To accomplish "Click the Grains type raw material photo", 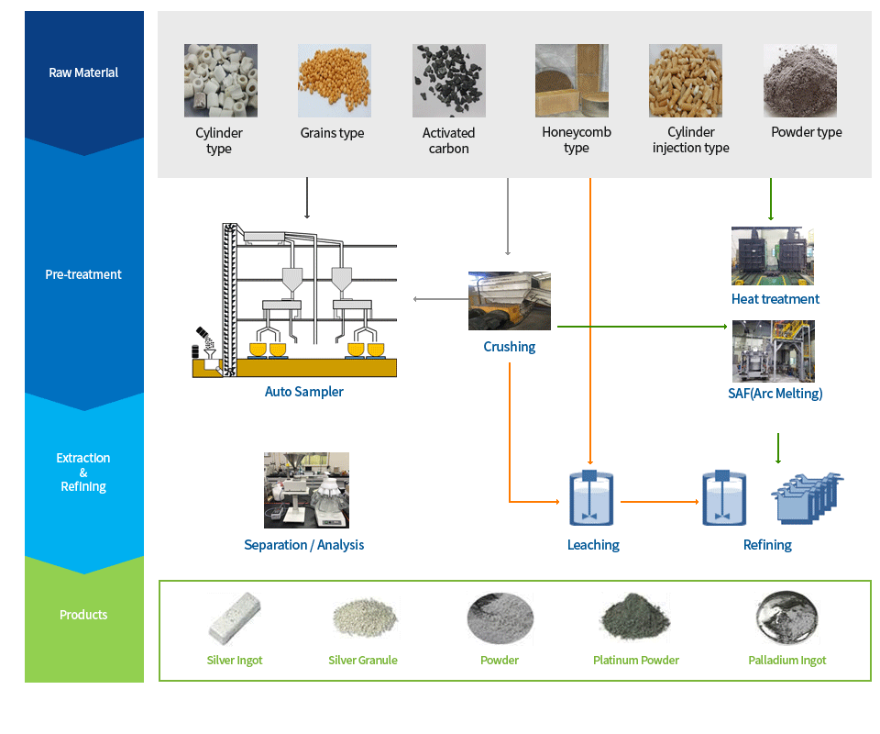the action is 335,81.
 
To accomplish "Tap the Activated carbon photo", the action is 449,81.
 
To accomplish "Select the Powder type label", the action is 807,132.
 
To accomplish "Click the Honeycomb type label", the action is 577,139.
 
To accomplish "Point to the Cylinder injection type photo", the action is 686,81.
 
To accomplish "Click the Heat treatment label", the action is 775,299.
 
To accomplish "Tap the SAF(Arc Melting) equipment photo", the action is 774,351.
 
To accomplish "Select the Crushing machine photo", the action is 510,301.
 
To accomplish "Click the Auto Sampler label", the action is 303,392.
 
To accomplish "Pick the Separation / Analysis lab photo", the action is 306,490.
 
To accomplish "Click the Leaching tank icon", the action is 591,498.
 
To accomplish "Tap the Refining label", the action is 767,545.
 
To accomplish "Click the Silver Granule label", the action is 363,661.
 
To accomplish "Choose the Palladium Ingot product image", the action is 786,617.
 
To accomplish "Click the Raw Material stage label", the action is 83,73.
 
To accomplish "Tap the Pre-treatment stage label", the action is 83,274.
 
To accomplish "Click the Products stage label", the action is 83,615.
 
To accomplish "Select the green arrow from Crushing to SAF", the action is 643,327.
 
